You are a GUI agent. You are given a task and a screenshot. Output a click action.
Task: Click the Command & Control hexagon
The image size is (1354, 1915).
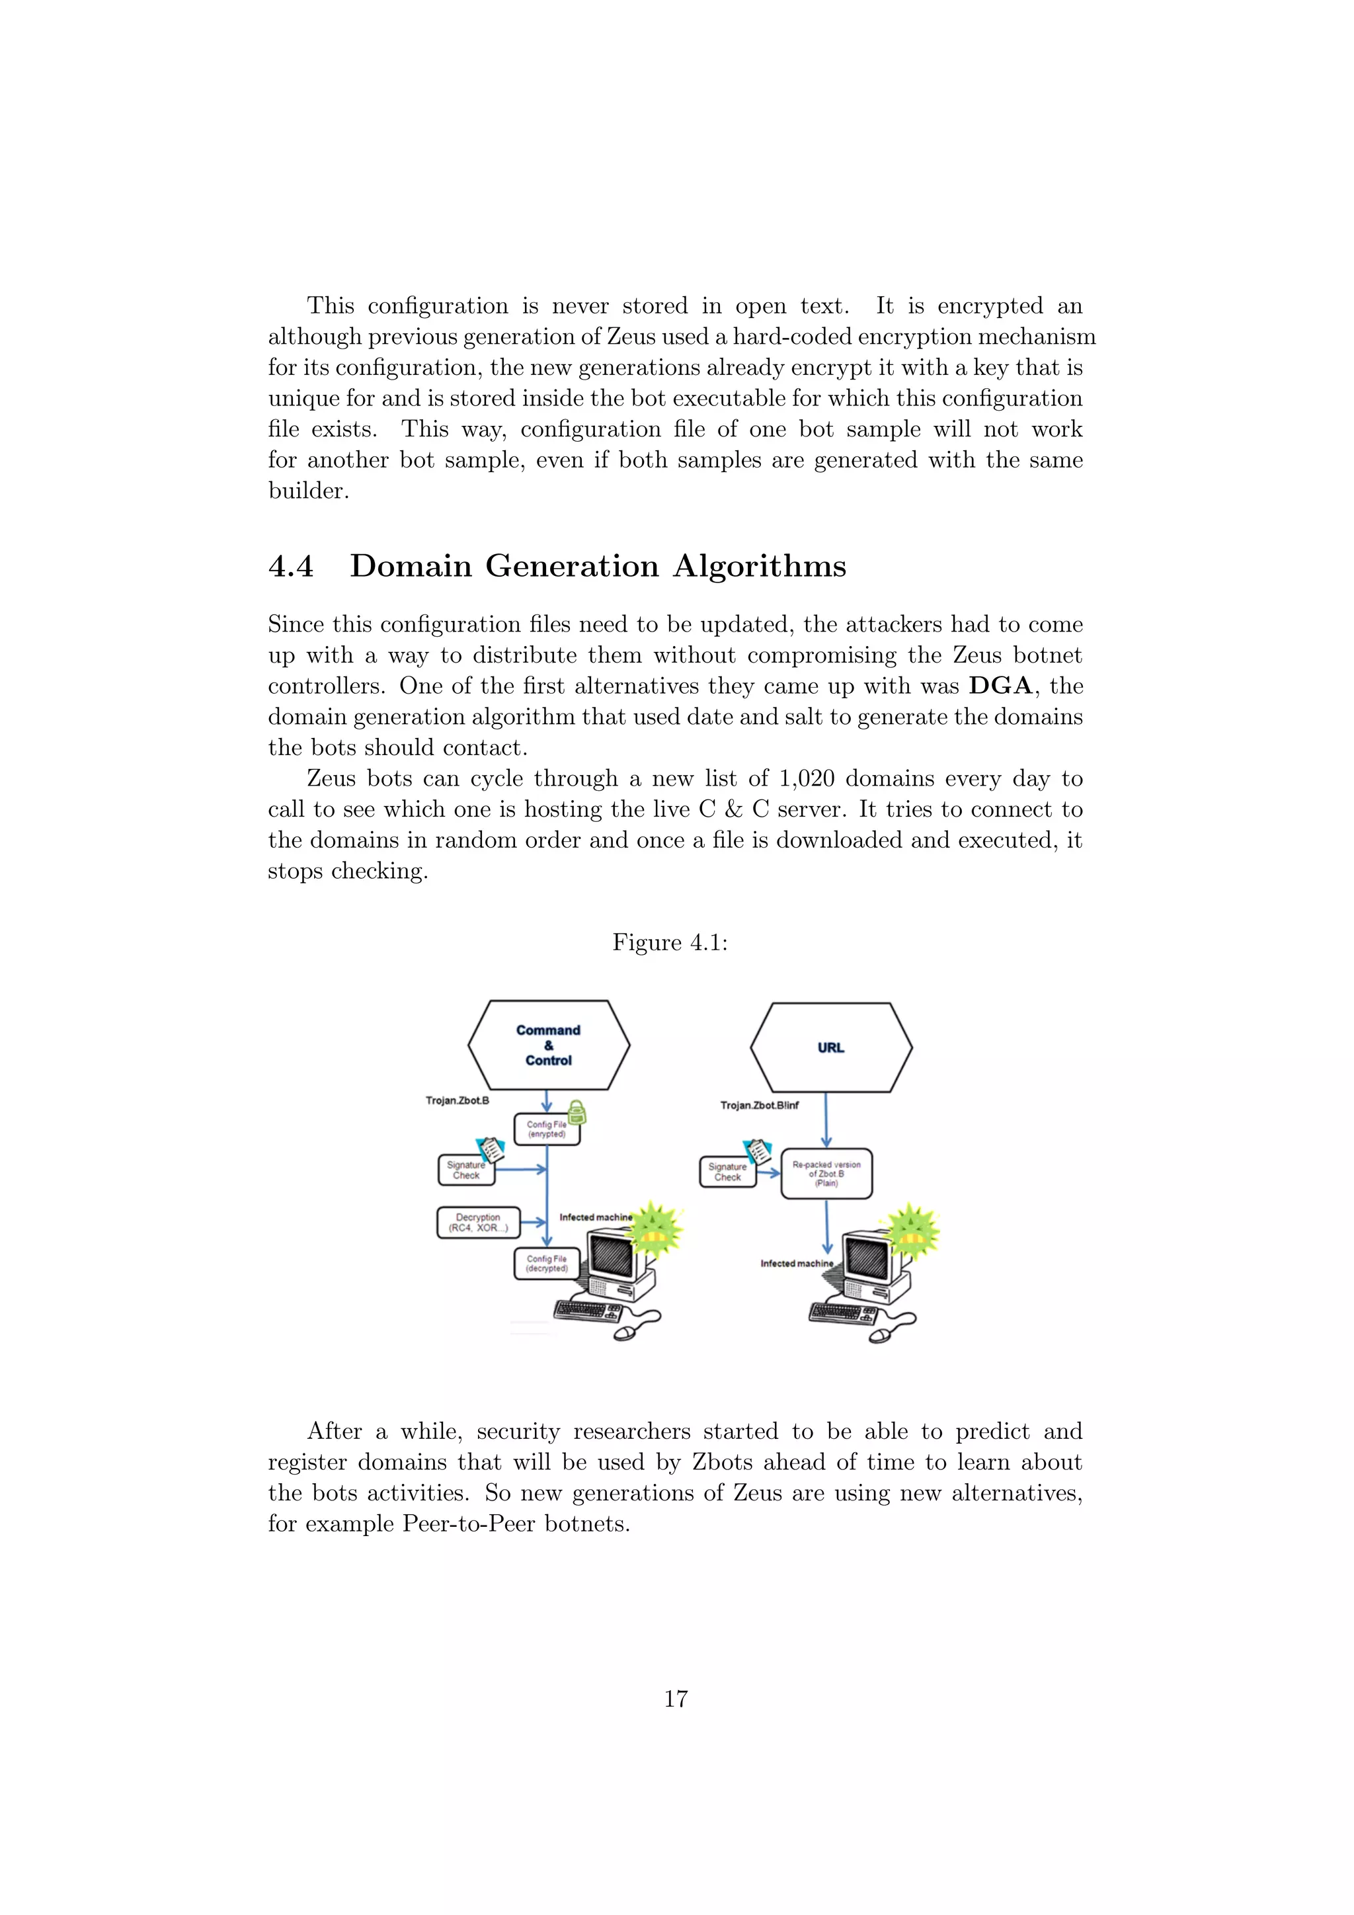[x=549, y=1045]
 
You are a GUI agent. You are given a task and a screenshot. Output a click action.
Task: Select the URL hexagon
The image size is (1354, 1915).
[x=830, y=1047]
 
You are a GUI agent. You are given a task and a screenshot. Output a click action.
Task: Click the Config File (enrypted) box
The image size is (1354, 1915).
[x=546, y=1129]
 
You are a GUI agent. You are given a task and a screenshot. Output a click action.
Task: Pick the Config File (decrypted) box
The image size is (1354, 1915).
[x=546, y=1264]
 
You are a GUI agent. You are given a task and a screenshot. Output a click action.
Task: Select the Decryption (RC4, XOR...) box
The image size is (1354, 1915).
[x=479, y=1223]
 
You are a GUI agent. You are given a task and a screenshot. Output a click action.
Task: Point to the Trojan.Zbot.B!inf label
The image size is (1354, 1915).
[x=760, y=1105]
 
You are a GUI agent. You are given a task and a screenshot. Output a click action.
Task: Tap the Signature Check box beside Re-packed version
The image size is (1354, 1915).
[x=727, y=1172]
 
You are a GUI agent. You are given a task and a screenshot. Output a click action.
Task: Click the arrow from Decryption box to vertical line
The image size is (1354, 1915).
[x=533, y=1223]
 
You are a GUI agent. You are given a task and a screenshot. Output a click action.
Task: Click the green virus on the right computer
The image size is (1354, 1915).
[x=912, y=1230]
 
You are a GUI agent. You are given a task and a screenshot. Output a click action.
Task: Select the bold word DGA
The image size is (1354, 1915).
[x=1000, y=686]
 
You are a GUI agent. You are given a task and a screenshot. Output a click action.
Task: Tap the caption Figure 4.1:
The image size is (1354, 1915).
[x=670, y=942]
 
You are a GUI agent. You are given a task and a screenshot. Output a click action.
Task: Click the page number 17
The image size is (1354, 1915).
[x=675, y=1699]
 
